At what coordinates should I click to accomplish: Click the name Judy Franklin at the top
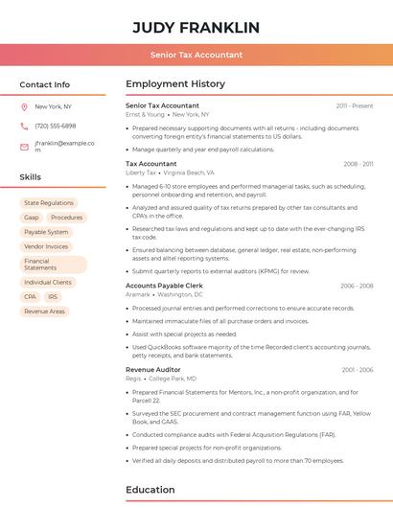[x=196, y=27]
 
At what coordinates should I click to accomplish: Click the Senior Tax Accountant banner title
[x=196, y=55]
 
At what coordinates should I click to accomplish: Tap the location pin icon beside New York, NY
[x=24, y=106]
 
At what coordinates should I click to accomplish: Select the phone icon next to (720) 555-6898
[x=24, y=126]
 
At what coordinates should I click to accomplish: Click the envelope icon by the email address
[x=24, y=147]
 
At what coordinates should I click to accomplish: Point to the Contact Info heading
[x=45, y=84]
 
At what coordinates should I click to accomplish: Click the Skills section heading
[x=31, y=177]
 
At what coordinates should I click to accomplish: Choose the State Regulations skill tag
[x=49, y=203]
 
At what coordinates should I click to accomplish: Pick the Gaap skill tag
[x=32, y=218]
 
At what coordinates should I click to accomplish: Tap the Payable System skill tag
[x=46, y=232]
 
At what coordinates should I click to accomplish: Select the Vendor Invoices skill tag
[x=46, y=246]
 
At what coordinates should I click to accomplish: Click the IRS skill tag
[x=53, y=297]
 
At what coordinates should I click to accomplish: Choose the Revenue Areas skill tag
[x=44, y=312]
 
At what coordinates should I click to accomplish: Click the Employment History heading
[x=175, y=84]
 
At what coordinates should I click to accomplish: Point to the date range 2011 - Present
[x=355, y=105]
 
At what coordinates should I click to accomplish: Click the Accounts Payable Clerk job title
[x=164, y=286]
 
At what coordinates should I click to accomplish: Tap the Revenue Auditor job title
[x=153, y=369]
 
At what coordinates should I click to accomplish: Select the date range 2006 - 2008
[x=357, y=286]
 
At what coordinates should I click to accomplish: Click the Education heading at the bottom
[x=150, y=490]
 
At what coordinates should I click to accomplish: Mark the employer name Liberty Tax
[x=141, y=173]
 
